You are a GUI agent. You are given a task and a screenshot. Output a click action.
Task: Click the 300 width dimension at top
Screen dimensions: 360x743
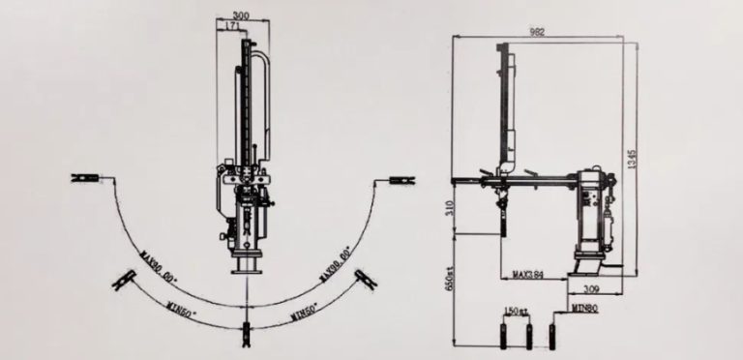tap(241, 16)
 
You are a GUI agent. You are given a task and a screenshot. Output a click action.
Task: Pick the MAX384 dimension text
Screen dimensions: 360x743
tap(527, 275)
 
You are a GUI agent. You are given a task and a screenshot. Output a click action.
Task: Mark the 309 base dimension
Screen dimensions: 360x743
tap(591, 288)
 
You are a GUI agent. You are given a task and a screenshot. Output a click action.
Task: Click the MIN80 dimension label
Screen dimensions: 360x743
tap(583, 308)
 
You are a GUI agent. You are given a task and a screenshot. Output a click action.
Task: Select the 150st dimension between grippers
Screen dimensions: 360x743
tap(516, 312)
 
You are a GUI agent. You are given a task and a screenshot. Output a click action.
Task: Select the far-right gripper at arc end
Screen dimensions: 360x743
tap(399, 179)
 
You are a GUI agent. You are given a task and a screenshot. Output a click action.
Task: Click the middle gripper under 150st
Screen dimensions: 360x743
tap(528, 334)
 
